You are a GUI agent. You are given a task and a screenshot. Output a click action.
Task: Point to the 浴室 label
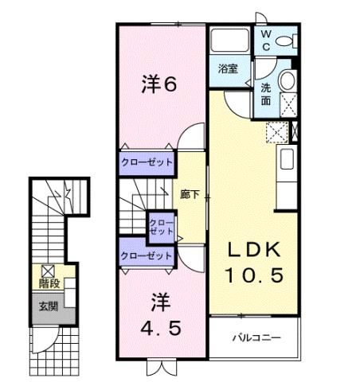coord(228,68)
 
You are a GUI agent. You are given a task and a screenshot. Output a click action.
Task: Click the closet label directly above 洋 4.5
coord(147,255)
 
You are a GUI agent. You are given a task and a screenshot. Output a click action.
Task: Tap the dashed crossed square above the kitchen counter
coord(277,132)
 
